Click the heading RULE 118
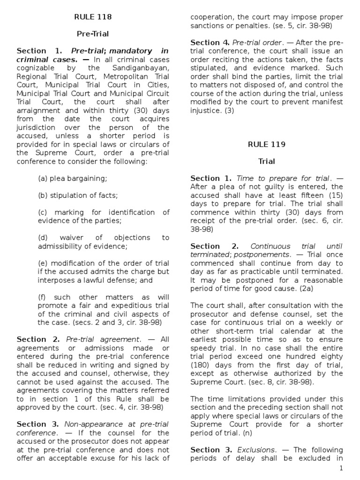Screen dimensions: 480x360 click(x=93, y=17)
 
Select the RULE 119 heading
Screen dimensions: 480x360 click(x=266, y=144)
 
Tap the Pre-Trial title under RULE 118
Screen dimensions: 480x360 click(x=93, y=34)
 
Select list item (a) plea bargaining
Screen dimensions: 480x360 click(x=73, y=178)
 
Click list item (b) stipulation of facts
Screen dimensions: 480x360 click(x=78, y=195)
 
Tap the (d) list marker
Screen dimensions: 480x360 click(x=43, y=238)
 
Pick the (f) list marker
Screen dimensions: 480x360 click(x=43, y=297)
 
